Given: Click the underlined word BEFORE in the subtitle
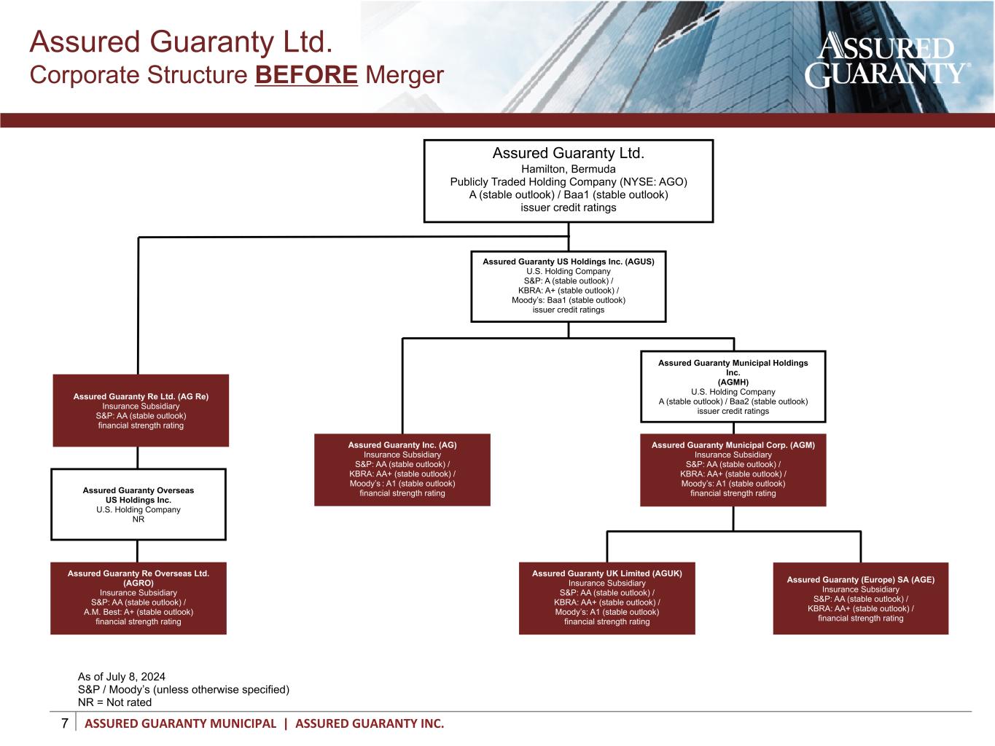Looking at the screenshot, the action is click(306, 75).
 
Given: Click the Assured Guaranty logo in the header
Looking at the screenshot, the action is click(888, 60).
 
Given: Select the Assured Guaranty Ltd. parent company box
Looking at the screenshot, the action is click(569, 181).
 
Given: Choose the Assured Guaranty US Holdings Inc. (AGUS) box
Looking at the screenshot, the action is click(569, 286).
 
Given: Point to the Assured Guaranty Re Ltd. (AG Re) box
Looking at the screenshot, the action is click(141, 410).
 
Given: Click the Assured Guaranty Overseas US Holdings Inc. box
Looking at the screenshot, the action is click(138, 504).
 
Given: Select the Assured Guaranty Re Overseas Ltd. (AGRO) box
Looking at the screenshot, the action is click(138, 598).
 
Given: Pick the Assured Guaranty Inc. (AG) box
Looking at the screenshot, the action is click(402, 470).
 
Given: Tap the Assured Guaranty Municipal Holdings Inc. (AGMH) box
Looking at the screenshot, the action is click(733, 386).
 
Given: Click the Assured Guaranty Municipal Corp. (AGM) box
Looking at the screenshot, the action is click(733, 470).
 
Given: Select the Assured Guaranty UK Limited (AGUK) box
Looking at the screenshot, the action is click(607, 598).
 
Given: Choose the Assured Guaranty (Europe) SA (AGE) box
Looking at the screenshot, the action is click(861, 598).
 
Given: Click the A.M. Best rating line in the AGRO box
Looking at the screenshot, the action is click(138, 612).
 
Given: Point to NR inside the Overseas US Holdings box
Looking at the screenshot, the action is click(138, 519).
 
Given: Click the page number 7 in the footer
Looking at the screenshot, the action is click(65, 723).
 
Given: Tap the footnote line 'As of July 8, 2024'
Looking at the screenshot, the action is click(122, 677).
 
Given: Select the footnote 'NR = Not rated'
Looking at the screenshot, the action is click(114, 702).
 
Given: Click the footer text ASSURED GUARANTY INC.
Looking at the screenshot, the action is click(370, 724).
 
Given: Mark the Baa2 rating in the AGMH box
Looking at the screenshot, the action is click(740, 401).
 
